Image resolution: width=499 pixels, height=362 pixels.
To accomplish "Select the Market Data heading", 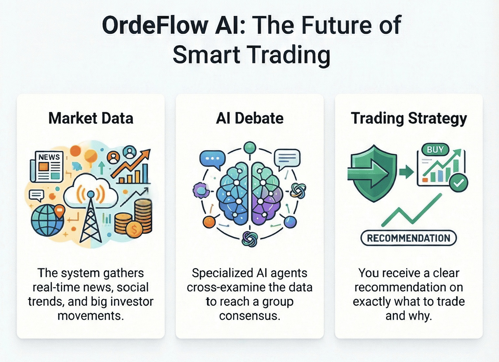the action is click(x=91, y=118).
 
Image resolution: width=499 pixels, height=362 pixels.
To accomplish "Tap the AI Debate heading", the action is click(x=249, y=118).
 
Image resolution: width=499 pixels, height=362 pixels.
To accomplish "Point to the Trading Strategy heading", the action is click(x=409, y=118).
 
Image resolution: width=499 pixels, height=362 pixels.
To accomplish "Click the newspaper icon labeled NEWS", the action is click(x=46, y=166).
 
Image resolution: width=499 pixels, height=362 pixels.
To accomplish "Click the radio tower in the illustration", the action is click(x=91, y=218).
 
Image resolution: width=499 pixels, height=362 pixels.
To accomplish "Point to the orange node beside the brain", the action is click(x=209, y=222).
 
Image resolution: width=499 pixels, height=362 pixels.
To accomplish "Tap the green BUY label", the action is click(x=435, y=150).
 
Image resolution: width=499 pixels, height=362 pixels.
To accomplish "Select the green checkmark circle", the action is click(x=459, y=183).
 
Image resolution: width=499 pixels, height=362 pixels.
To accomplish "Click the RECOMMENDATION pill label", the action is click(x=409, y=238).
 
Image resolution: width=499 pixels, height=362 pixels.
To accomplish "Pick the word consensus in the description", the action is click(x=249, y=316).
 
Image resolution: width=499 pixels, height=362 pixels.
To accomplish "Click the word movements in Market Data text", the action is click(x=91, y=316).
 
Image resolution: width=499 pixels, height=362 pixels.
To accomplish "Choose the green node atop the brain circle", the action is click(x=249, y=148).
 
